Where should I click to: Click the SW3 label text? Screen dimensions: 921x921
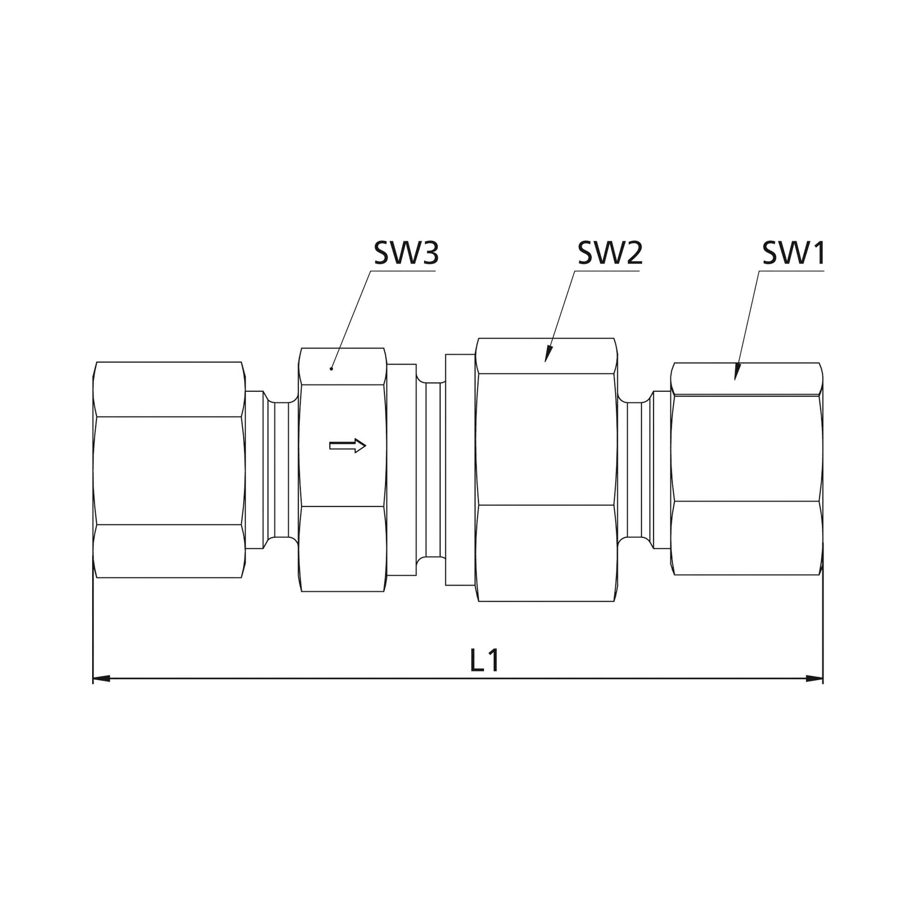coord(406,253)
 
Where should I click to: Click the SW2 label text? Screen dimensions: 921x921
coord(610,253)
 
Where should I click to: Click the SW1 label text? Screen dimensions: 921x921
coord(794,253)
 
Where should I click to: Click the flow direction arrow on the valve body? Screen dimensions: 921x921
coord(348,446)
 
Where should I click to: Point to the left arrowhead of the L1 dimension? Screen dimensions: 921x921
coord(101,678)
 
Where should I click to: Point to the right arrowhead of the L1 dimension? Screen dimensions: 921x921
coord(814,678)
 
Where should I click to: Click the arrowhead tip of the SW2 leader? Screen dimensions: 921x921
coord(545,362)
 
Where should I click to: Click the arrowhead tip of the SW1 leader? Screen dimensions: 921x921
coord(735,380)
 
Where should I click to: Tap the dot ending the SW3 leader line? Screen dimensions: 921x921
coord(331,369)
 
